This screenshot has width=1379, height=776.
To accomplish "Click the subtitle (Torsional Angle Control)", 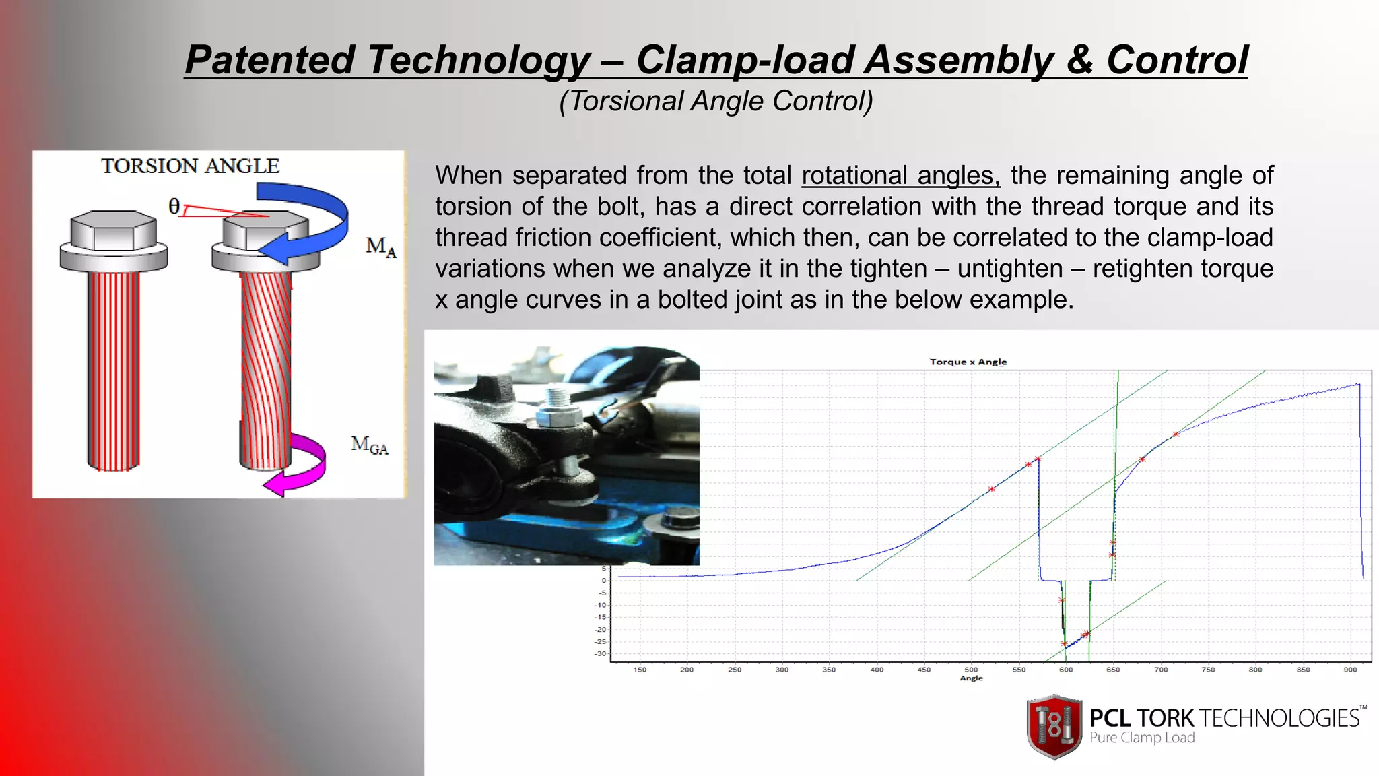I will click(716, 101).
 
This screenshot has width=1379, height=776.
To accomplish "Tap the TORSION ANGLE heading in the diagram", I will click(190, 166).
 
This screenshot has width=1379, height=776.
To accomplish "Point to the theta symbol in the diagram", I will click(174, 206).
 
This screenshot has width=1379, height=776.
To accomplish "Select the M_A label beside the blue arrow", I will click(380, 247).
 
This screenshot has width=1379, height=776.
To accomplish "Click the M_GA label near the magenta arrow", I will click(370, 445).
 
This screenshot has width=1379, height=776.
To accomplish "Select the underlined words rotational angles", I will click(900, 175).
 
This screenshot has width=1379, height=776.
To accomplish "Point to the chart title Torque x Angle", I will click(968, 362).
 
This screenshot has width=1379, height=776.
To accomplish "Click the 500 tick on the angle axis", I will click(971, 670).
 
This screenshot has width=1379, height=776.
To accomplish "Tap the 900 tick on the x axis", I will click(1350, 670).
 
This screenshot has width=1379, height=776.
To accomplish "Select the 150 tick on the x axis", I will click(640, 670).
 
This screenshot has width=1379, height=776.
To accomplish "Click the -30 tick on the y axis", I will click(600, 653).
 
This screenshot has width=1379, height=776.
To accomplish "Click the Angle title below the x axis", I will click(971, 678).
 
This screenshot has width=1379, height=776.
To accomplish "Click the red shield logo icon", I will click(1054, 726).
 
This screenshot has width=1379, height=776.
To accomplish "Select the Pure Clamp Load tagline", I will click(1142, 738).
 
